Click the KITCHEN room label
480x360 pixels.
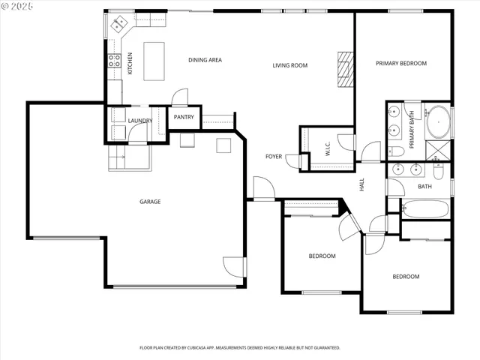pos(130,63)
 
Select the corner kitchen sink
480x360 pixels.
pos(119,26)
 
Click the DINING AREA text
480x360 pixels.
pos(205,60)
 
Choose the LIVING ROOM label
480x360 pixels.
pos(289,66)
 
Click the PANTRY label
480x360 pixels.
pos(184,117)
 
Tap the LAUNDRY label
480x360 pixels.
pos(140,121)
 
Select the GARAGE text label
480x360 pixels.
pos(149,201)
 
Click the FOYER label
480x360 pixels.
pos(274,157)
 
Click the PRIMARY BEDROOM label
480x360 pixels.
pos(401,64)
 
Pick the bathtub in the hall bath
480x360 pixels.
pos(424,208)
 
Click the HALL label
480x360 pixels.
pos(361,184)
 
